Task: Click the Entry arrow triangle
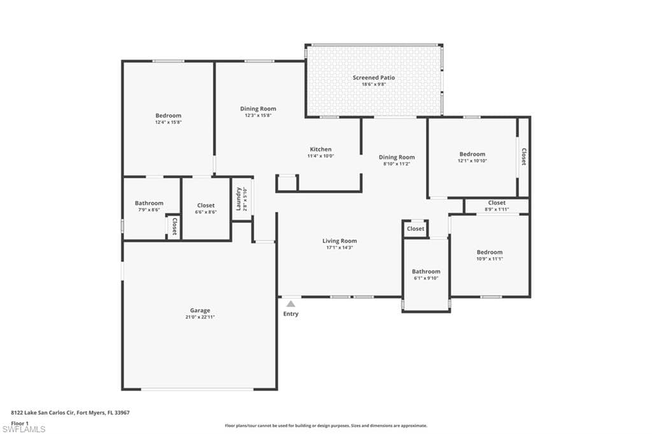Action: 290,304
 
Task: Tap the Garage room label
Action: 200,311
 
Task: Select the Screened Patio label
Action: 374,78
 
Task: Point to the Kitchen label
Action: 321,150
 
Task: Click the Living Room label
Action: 340,241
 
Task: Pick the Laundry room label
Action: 238,199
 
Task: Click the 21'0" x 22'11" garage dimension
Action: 200,317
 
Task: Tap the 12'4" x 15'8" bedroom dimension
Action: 168,122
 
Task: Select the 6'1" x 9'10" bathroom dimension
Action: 426,278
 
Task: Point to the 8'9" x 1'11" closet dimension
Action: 497,209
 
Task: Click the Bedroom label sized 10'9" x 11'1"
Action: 490,252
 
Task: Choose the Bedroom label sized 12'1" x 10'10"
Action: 472,154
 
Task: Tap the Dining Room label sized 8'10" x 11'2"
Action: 397,157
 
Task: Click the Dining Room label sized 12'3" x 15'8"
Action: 258,109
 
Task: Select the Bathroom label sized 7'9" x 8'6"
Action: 149,203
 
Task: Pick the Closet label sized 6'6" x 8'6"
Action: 206,206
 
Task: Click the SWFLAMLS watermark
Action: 24,429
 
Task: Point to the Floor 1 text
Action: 20,423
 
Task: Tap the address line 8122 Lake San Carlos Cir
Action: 43,413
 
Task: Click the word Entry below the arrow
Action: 290,314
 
